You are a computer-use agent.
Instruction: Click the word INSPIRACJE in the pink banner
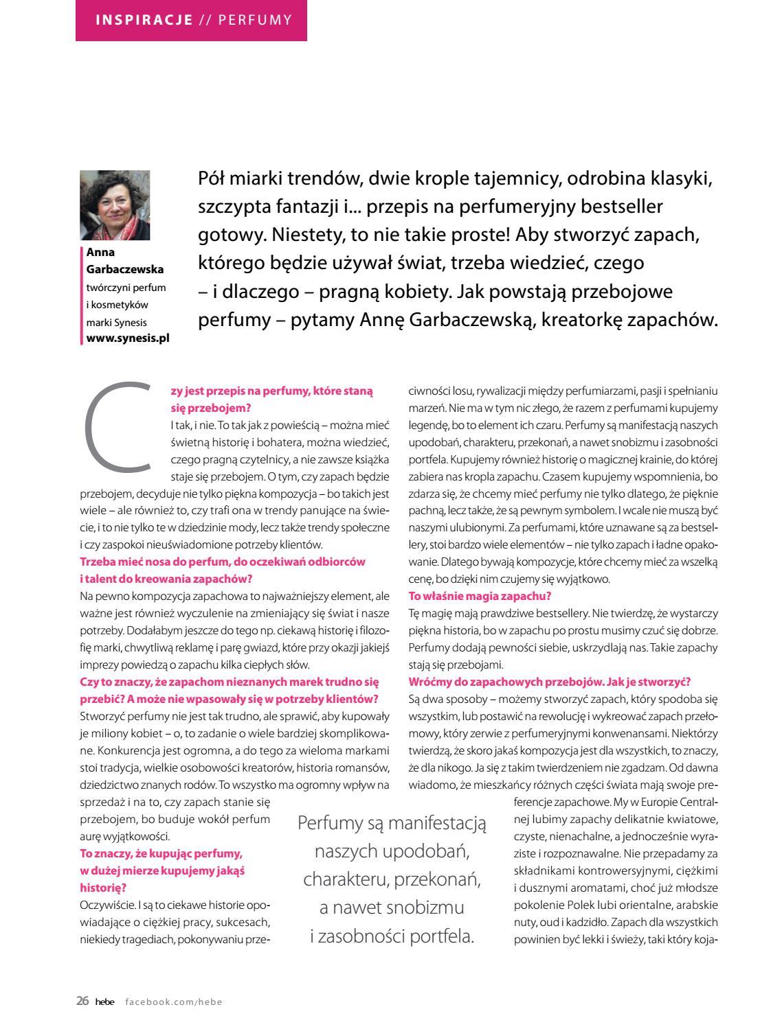tap(144, 19)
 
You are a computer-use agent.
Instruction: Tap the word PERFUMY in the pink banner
tap(255, 19)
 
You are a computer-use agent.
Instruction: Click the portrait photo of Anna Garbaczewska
tap(115, 205)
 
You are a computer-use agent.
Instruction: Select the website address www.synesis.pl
tap(128, 338)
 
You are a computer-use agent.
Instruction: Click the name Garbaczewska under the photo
tap(125, 269)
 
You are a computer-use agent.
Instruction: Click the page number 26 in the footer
tap(82, 1001)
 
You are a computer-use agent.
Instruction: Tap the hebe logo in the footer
tap(104, 1002)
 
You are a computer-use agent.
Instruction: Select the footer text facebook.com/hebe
tap(174, 1002)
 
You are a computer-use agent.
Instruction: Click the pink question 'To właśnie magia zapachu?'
tap(480, 596)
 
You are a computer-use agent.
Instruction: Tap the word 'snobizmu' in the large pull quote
tap(420, 907)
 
